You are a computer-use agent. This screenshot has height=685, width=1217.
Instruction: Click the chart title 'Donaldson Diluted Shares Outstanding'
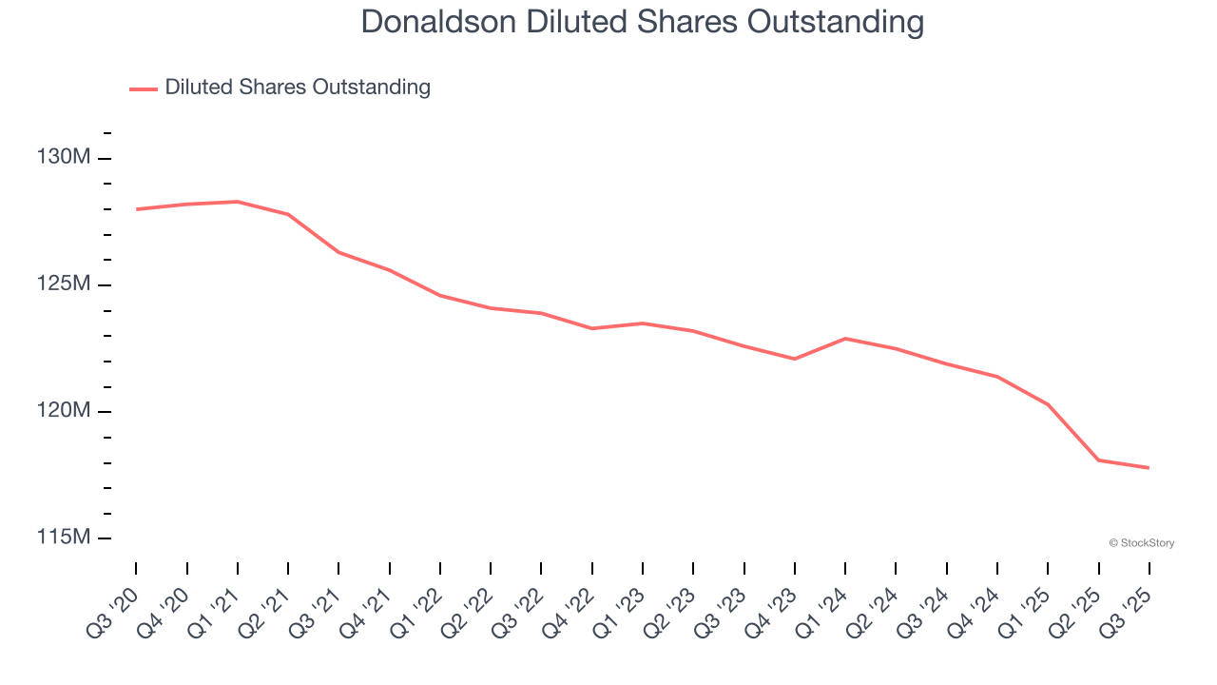[x=642, y=22]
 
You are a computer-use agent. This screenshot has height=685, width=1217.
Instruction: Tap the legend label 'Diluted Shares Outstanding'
[x=298, y=88]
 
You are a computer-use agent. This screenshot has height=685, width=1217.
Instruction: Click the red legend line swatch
[x=144, y=88]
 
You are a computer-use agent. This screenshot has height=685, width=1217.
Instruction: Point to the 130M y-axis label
[x=64, y=157]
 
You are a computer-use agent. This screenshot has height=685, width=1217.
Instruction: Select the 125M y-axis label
[x=64, y=284]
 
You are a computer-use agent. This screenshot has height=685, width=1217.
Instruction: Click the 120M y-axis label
[x=64, y=411]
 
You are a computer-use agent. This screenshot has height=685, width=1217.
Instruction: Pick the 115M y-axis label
[x=64, y=538]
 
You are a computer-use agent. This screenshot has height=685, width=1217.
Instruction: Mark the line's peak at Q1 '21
[x=238, y=202]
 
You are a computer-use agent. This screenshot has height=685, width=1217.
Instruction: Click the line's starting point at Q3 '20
[x=136, y=209]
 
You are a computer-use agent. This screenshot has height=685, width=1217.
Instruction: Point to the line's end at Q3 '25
[x=1149, y=468]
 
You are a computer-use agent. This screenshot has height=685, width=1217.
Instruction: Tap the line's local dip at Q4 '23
[x=795, y=359]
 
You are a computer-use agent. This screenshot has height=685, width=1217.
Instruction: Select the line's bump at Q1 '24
[x=845, y=339]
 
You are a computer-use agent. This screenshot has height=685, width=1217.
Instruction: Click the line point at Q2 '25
[x=1099, y=460]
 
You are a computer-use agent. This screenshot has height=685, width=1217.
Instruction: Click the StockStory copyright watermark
[x=1141, y=543]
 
